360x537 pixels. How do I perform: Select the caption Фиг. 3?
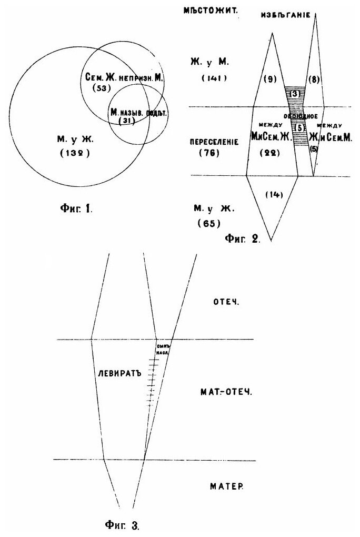click(122, 524)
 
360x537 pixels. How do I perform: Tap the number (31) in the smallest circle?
click(127, 121)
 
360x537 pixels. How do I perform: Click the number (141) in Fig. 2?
click(214, 78)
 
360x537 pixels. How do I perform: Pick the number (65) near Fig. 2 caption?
click(207, 223)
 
